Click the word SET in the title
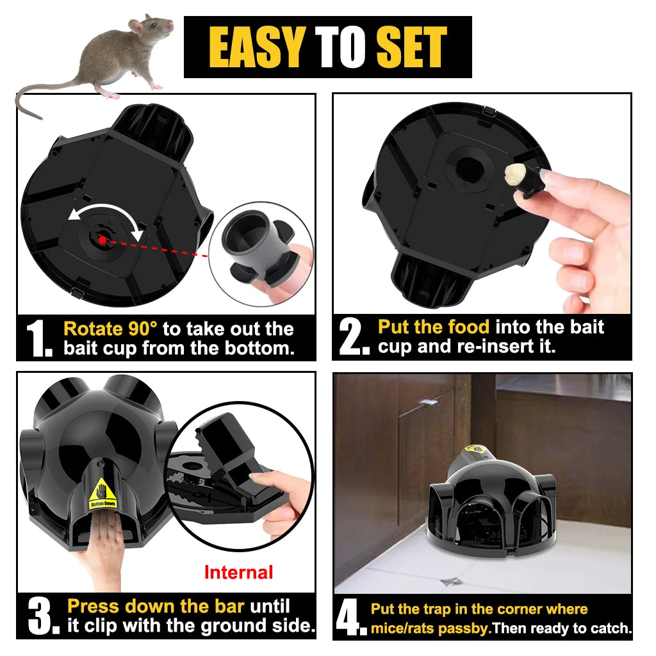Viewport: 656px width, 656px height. (x=411, y=47)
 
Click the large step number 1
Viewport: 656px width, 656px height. (x=38, y=339)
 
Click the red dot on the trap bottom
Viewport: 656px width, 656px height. (x=102, y=240)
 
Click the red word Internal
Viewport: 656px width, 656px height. (x=238, y=572)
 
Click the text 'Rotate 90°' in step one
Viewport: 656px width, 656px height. (x=110, y=329)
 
